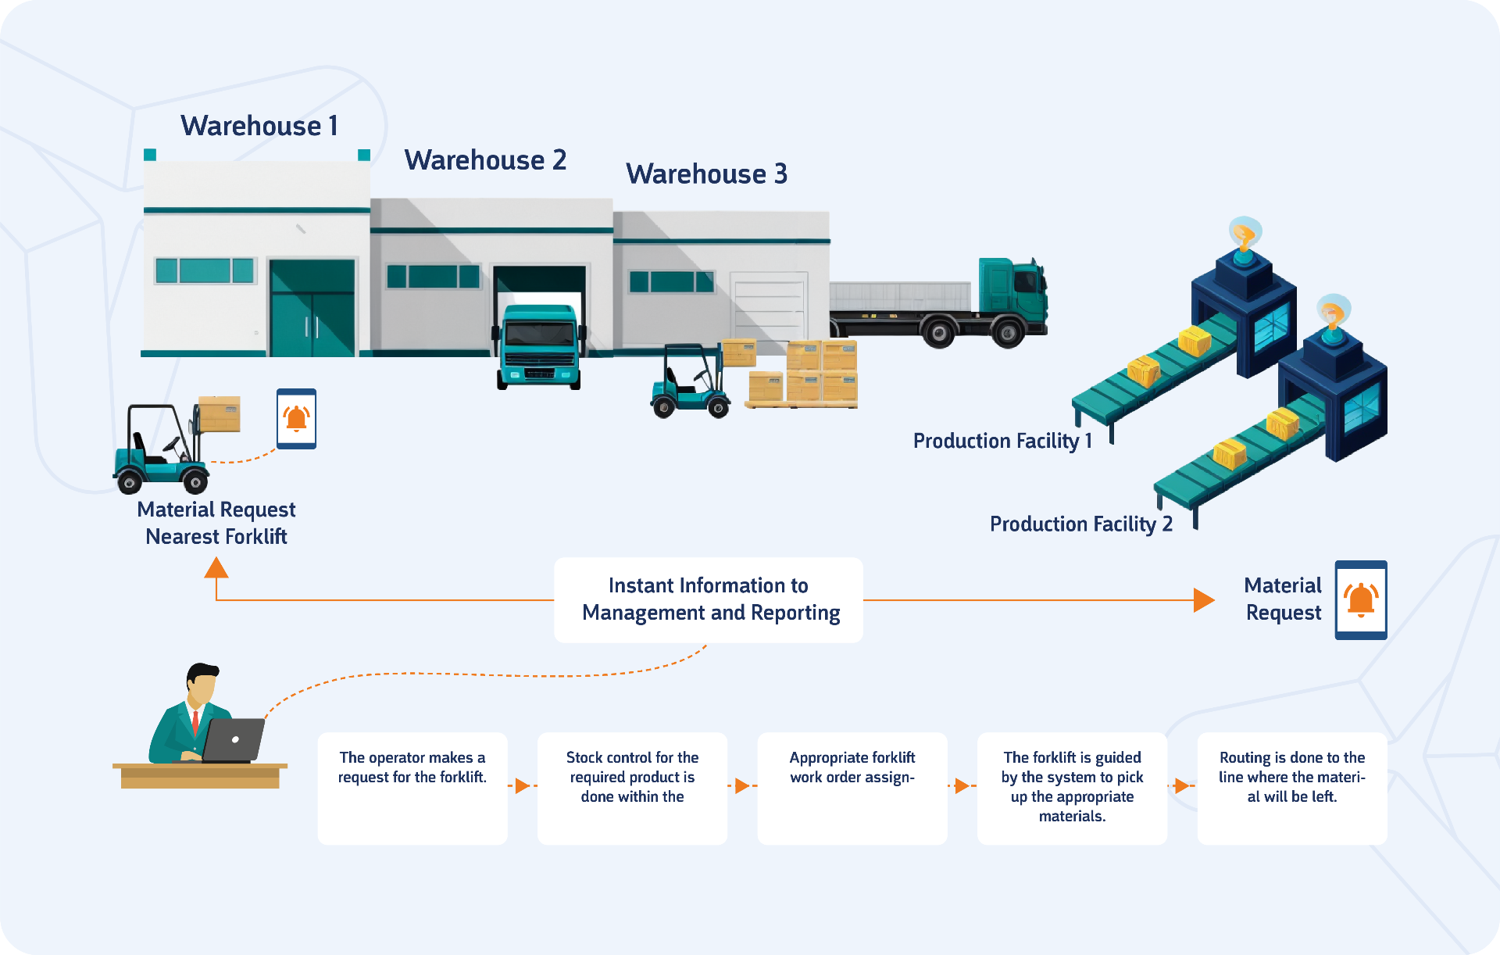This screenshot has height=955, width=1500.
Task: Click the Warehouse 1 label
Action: pos(259,126)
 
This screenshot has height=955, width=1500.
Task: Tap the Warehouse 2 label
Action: pos(485,160)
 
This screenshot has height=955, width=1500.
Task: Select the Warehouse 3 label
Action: pos(706,173)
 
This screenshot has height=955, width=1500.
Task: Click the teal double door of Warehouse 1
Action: pos(312,309)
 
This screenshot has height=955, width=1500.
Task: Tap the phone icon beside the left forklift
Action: pos(297,419)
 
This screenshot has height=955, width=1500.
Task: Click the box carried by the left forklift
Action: pos(220,413)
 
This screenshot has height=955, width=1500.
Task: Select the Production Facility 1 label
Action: pos(1002,441)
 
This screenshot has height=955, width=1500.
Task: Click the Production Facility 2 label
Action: pos(1080,524)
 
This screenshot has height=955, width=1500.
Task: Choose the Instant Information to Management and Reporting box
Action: pos(709,599)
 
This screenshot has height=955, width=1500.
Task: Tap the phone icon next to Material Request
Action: pos(1361,599)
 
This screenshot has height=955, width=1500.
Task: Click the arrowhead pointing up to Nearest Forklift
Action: pos(216,567)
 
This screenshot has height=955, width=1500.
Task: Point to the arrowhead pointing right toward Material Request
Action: pos(1204,600)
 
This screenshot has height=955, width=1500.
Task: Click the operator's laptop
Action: pos(234,739)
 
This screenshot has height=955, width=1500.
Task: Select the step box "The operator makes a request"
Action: pos(412,788)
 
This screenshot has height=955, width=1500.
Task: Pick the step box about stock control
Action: pos(632,788)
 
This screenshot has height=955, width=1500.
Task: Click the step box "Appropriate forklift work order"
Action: pos(852,788)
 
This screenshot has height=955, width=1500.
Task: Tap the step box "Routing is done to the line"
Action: pos(1292,788)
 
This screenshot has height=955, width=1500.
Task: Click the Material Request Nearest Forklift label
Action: pos(216,523)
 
